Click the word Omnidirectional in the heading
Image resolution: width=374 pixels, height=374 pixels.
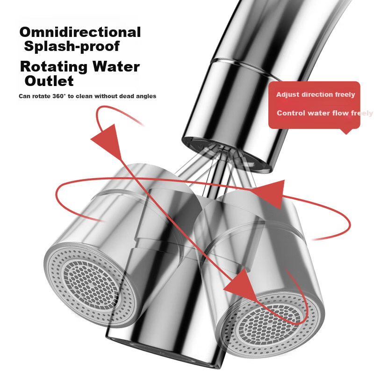pyautogui.click(x=80, y=32)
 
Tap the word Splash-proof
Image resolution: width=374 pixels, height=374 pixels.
pyautogui.click(x=72, y=46)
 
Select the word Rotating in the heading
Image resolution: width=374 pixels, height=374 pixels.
pyautogui.click(x=54, y=66)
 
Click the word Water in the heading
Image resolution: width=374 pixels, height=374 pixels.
pyautogui.click(x=116, y=66)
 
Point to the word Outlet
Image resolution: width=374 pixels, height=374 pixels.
pyautogui.click(x=49, y=81)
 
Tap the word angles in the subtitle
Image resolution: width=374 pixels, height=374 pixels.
pyautogui.click(x=146, y=96)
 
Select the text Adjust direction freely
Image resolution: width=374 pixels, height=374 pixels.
pyautogui.click(x=316, y=95)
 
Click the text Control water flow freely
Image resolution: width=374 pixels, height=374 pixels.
pyautogui.click(x=325, y=113)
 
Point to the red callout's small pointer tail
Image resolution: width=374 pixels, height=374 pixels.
pyautogui.click(x=346, y=131)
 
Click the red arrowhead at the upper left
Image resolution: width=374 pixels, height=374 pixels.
pyautogui.click(x=108, y=141)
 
